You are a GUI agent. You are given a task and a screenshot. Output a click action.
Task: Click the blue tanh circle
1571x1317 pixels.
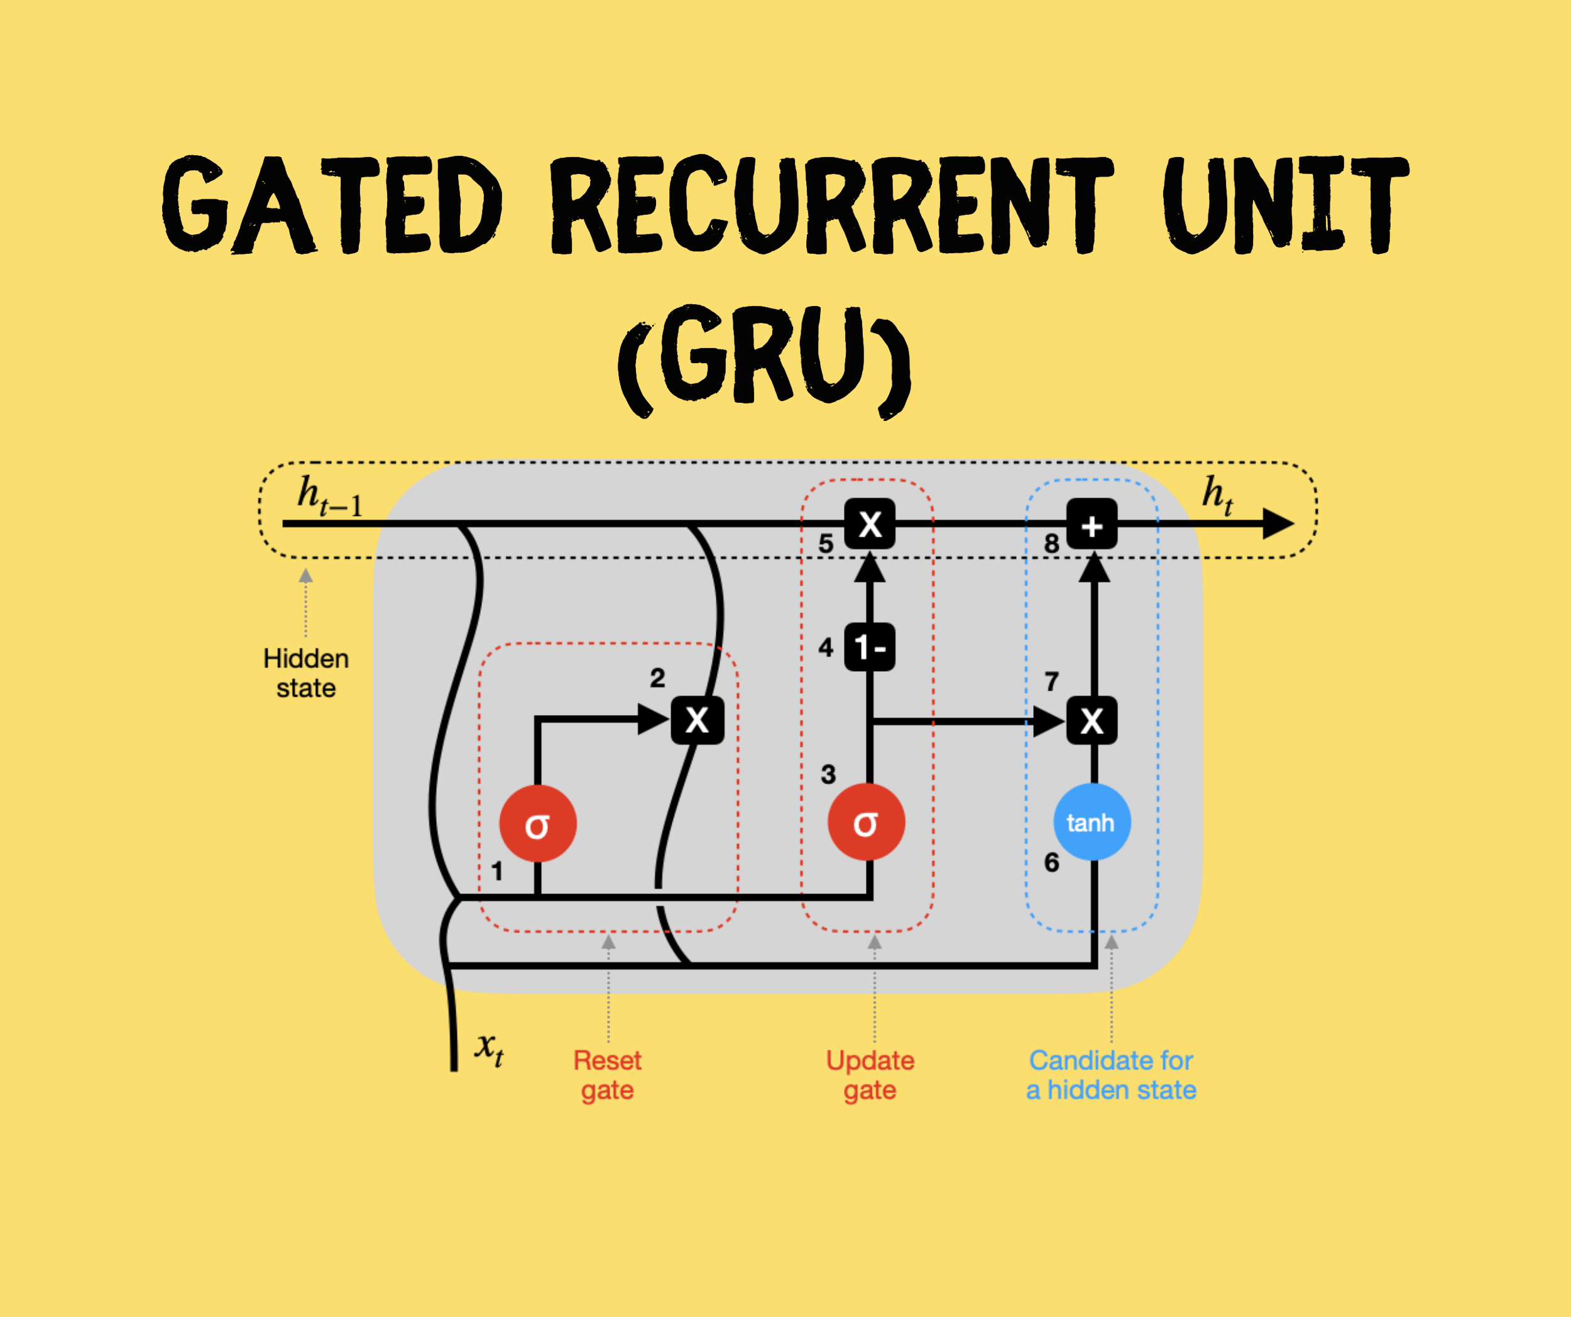coord(1092,822)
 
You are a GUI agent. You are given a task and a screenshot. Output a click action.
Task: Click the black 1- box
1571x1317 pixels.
coord(869,647)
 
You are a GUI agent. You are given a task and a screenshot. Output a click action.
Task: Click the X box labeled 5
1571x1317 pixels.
coord(869,523)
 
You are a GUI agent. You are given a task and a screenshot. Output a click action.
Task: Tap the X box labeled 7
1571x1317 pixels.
coord(1092,720)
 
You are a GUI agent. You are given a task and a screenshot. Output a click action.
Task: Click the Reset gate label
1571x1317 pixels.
coord(608,1074)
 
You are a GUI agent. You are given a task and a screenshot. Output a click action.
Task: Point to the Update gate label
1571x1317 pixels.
coord(870,1074)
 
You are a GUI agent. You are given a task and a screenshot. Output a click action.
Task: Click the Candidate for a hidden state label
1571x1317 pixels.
coord(1111,1074)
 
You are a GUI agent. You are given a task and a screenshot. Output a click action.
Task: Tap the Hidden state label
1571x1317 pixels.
coord(306,673)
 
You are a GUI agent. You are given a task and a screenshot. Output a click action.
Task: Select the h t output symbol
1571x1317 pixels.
coord(1217,495)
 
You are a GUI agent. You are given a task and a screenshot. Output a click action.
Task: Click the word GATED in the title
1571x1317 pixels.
coord(333,205)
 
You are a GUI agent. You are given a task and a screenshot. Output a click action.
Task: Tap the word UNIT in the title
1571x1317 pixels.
coord(1285,205)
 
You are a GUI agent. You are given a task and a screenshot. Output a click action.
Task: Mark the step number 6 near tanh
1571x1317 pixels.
coord(1052,862)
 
